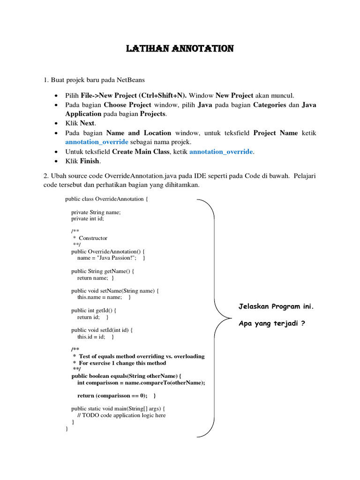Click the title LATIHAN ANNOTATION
(x=180, y=49)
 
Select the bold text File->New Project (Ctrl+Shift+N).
(x=134, y=95)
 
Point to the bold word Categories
(x=270, y=105)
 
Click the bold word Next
(x=87, y=123)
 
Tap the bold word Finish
(x=90, y=161)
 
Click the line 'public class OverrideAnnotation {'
(x=106, y=199)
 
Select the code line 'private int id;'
(x=88, y=218)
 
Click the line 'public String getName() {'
(x=103, y=271)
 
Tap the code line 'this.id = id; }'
(x=96, y=337)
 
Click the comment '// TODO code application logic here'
(x=121, y=415)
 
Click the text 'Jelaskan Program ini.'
(x=276, y=307)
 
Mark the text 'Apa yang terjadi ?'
(x=272, y=323)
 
